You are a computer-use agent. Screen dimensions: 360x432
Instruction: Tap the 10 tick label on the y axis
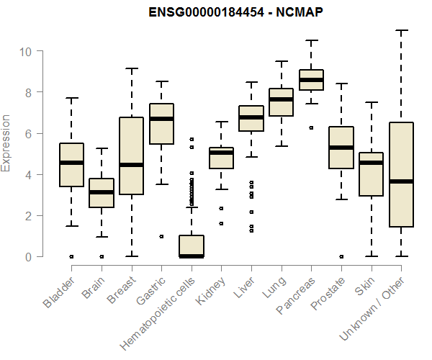[x=25, y=52]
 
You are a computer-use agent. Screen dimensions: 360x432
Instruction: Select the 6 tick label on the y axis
[x=28, y=134]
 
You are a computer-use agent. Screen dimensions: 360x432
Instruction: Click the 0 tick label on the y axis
[x=28, y=257]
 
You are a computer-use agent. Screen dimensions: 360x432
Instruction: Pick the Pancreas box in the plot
[x=311, y=80]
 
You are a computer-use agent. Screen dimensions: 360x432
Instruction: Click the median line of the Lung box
[x=281, y=99]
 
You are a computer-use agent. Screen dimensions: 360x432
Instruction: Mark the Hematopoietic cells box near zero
[x=191, y=246]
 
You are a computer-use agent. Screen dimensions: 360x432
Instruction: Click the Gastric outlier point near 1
[x=161, y=236]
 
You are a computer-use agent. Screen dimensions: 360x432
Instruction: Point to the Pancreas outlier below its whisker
[x=311, y=127]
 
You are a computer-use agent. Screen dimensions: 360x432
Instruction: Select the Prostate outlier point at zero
[x=341, y=256]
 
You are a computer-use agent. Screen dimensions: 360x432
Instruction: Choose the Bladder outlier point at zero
[x=71, y=256]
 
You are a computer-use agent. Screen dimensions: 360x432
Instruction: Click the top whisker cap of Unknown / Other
[x=401, y=30]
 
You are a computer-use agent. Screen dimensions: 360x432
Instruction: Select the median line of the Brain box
[x=102, y=192]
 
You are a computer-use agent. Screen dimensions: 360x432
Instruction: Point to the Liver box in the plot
[x=251, y=119]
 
